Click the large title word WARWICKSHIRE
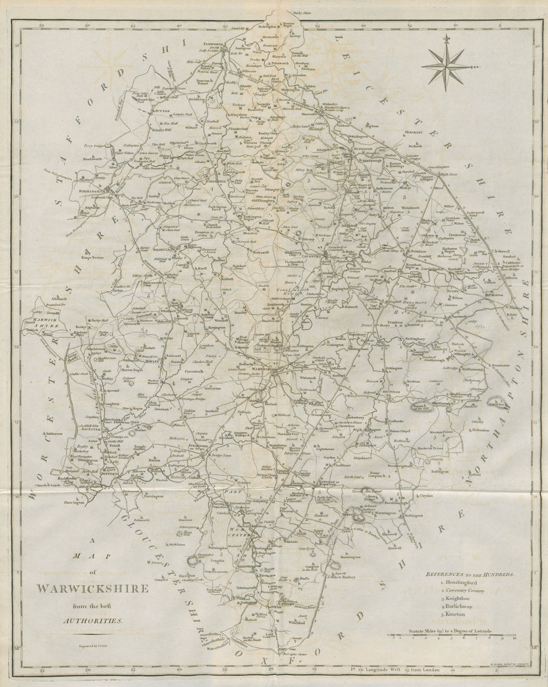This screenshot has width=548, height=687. tap(92, 589)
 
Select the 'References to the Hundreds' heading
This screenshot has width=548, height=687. tap(470, 575)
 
